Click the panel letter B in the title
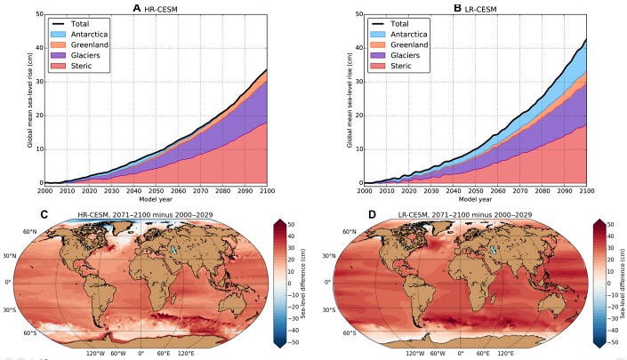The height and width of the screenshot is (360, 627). click(455, 8)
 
